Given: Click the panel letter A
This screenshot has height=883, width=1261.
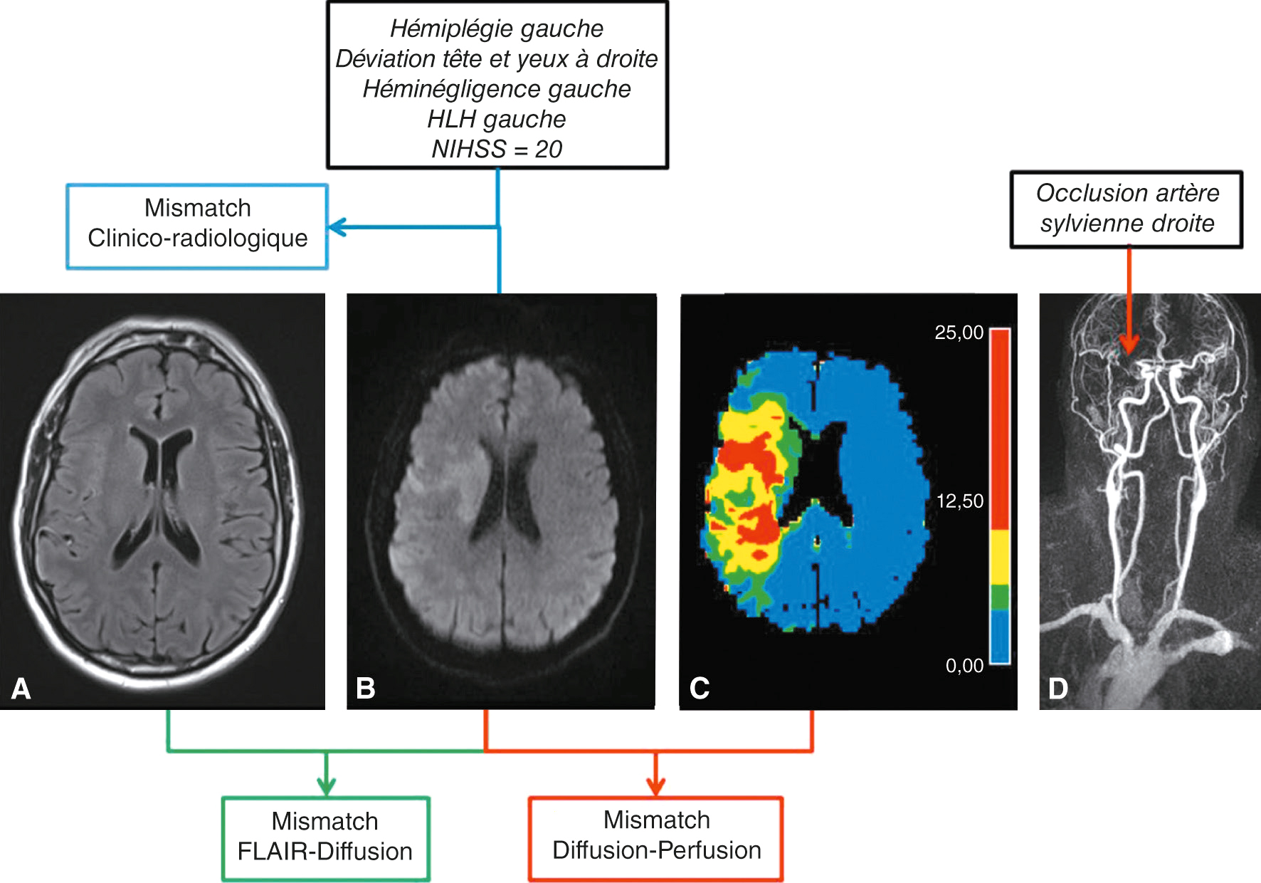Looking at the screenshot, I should pos(21,689).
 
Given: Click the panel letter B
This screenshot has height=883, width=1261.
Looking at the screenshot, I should pos(365,689).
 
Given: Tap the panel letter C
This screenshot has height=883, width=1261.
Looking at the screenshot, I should pos(699,689).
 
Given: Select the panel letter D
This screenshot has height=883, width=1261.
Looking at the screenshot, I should pos(1058,689).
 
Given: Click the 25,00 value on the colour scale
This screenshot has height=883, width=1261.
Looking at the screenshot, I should pos(959,333).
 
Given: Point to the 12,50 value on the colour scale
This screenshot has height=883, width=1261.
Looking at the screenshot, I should pos(959,501).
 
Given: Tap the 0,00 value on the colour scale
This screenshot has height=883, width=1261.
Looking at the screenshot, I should pos(964,666).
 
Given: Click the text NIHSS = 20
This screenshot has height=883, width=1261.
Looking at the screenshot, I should pos(497,149).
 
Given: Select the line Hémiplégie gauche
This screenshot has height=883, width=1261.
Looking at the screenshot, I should pos(497,28).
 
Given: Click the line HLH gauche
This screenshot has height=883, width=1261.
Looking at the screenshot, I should pos(497,119).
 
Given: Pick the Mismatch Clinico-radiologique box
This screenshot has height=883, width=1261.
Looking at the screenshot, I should pos(197,226).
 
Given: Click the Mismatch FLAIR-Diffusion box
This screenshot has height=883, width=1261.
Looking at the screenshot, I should pos(325,838).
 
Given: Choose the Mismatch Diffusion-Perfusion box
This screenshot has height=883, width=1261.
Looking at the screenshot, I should pos(656,837).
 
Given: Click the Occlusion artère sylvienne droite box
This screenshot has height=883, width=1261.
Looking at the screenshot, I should pos(1127,209).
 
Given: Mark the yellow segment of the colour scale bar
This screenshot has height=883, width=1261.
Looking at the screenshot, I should pos(1000,557).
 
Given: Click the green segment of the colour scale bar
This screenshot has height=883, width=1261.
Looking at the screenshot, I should pos(1000,597).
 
